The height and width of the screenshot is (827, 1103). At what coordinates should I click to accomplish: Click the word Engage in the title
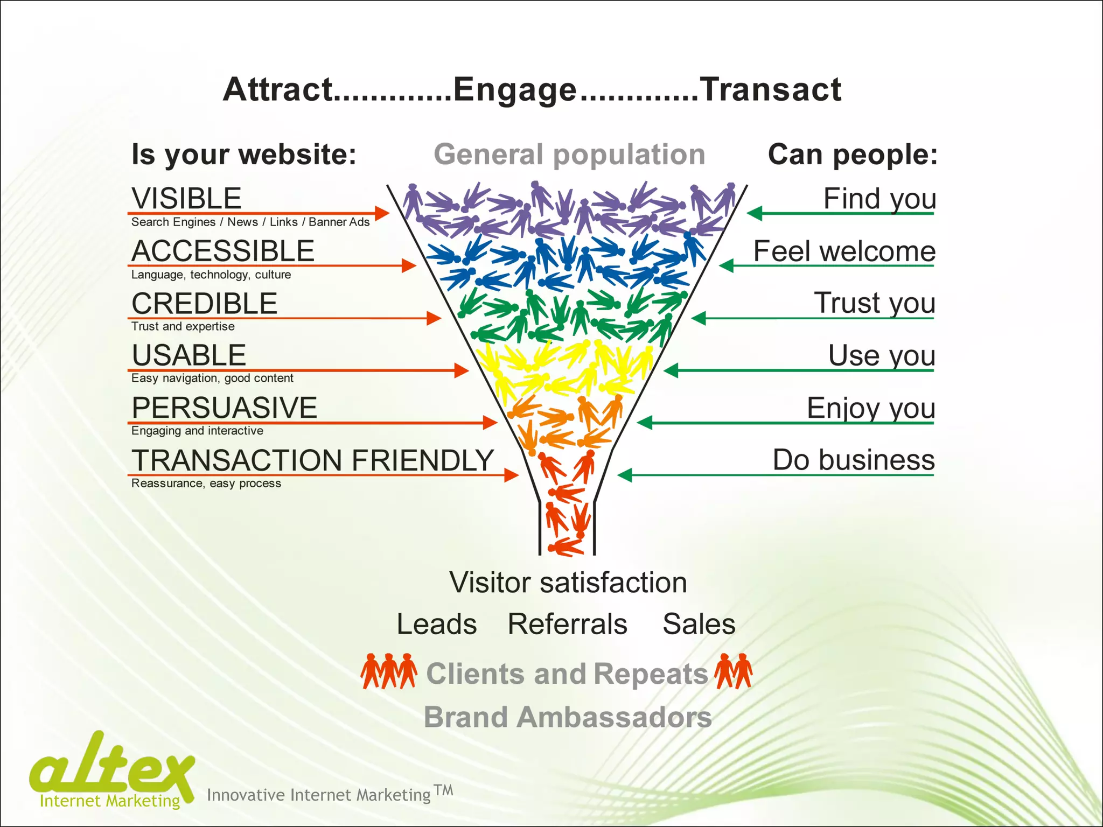515,90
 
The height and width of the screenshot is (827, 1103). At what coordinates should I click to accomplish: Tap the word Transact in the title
770,90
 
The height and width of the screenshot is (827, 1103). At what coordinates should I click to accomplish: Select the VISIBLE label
186,198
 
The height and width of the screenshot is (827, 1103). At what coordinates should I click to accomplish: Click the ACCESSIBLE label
223,251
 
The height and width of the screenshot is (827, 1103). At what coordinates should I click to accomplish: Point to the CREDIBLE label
204,303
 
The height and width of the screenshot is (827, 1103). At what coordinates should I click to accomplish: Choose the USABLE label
189,355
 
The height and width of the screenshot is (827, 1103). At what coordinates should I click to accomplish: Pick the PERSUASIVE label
224,408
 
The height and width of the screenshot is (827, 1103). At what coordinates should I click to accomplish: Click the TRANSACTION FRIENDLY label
312,460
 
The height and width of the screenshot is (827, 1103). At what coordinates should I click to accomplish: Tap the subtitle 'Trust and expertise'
183,326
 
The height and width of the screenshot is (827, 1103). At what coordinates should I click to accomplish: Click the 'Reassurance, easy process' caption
206,483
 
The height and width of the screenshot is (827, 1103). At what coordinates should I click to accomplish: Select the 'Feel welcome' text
843,251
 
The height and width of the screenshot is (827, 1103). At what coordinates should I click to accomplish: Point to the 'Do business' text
853,460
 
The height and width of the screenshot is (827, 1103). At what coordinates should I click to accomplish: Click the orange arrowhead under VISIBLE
382,213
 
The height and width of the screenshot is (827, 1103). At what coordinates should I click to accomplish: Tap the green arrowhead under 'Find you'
755,213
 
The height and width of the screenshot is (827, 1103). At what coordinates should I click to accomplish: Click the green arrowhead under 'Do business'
625,475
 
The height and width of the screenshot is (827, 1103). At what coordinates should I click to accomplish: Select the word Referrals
567,624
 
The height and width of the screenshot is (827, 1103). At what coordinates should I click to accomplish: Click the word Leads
436,624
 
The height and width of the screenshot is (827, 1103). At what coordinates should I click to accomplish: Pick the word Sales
699,624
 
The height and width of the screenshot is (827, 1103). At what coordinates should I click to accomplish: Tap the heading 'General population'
569,155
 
